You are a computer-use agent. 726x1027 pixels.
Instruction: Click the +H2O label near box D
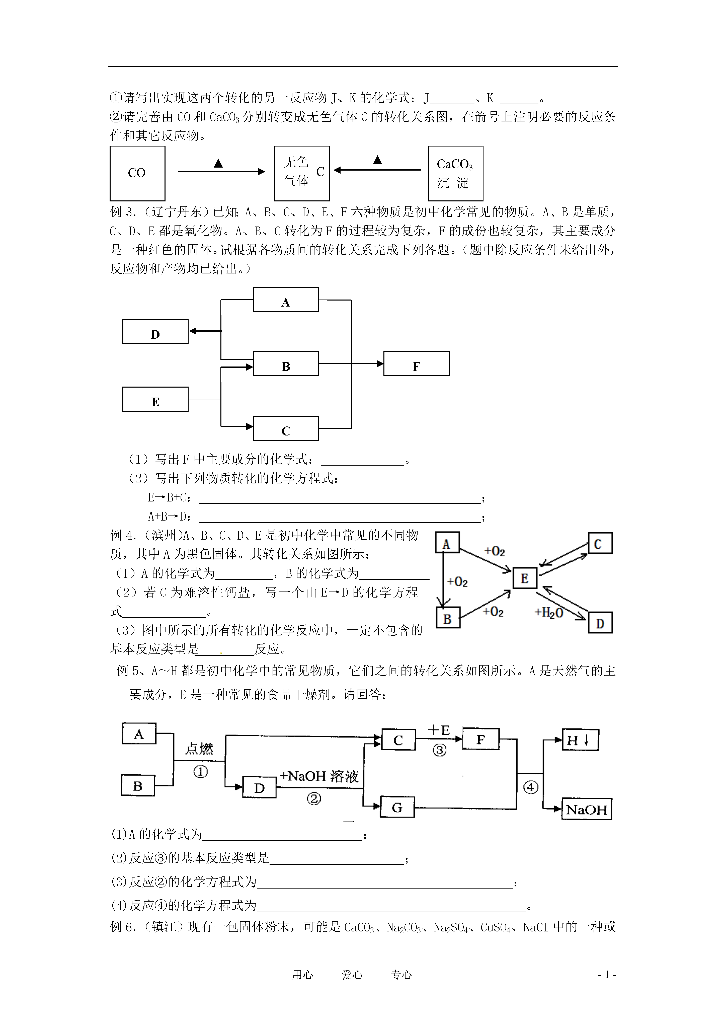tap(549, 612)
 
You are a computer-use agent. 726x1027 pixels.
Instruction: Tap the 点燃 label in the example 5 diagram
tap(199, 748)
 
